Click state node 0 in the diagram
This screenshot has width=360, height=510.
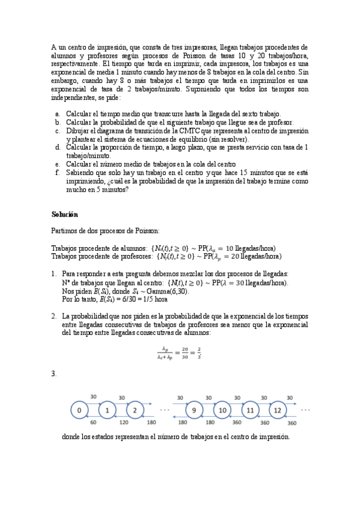[x=79, y=410]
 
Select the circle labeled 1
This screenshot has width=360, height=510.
[x=107, y=410]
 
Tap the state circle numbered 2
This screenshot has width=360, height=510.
[x=135, y=410]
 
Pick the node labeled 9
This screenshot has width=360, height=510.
[x=194, y=410]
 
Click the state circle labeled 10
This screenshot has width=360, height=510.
[x=222, y=410]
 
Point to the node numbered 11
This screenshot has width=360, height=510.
[x=249, y=410]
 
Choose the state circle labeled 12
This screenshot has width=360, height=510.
[x=277, y=410]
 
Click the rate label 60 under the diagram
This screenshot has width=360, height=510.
[x=93, y=422]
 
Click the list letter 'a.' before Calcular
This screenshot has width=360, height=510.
[x=56, y=114]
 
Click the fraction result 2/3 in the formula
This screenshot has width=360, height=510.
[x=199, y=352]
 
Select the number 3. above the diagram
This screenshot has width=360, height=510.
[x=54, y=374]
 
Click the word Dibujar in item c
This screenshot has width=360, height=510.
[x=78, y=131]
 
